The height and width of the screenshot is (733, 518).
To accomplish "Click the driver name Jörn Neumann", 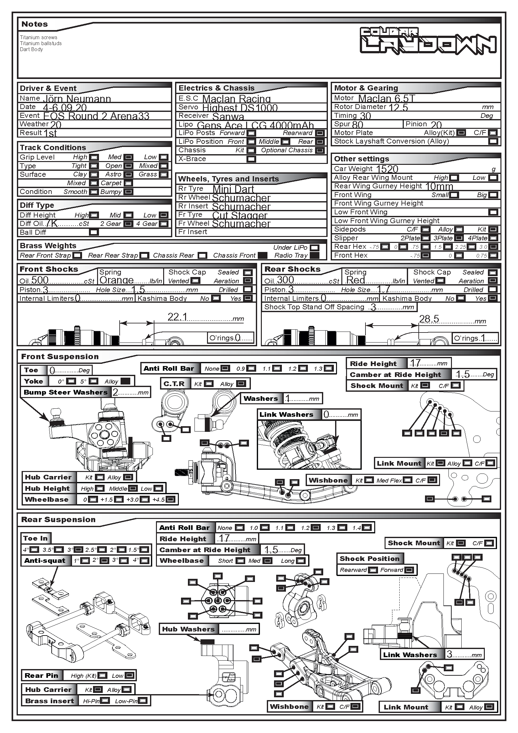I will [77, 99].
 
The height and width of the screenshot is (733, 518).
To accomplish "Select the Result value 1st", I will [50, 133].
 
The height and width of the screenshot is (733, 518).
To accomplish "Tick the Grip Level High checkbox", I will [94, 157].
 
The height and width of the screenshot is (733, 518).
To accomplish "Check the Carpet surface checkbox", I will [128, 183].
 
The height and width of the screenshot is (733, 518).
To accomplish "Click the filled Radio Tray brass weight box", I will [314, 255].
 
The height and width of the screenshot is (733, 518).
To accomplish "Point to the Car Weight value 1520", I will [387, 169].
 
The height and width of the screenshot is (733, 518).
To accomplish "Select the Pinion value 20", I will [436, 124].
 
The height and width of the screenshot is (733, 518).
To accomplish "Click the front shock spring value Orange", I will [117, 280].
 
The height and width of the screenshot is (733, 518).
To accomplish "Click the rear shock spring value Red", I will [355, 280].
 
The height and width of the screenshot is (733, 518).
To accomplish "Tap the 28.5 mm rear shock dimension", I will [429, 319].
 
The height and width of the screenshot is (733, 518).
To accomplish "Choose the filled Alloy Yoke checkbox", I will [125, 381].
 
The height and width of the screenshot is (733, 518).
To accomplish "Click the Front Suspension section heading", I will [60, 357].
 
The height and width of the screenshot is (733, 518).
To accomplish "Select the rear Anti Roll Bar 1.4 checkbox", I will [367, 528].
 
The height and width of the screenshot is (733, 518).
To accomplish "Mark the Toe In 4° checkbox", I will [34, 550].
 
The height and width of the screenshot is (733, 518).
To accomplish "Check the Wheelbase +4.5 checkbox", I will [171, 499].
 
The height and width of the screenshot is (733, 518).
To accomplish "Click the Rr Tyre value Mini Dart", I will [233, 189].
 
